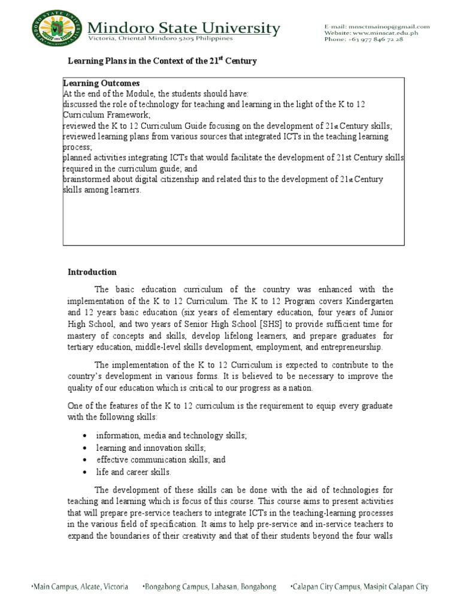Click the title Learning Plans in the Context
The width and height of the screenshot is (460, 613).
click(x=161, y=62)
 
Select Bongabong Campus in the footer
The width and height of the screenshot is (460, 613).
click(x=210, y=587)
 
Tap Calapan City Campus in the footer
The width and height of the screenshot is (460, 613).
click(x=359, y=587)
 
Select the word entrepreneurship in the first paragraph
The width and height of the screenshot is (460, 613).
click(x=349, y=347)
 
